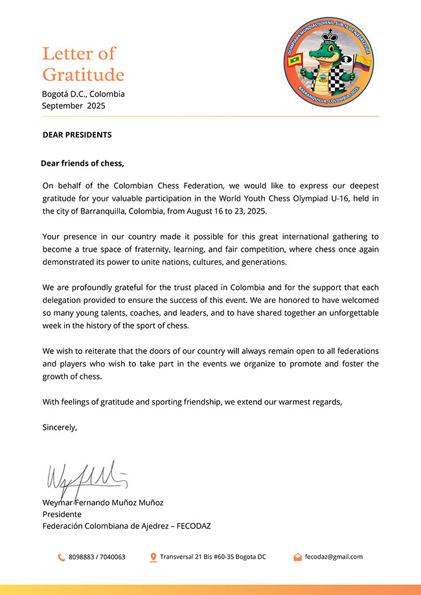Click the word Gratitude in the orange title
point(83,74)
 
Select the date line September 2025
point(73,106)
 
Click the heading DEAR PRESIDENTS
point(77,135)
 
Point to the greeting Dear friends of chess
point(82,163)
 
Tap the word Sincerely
point(60,427)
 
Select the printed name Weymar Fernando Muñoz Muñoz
point(103,502)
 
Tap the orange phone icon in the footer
point(62,557)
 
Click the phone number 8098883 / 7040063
point(97,557)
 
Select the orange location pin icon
point(154,557)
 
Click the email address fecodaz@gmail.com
point(334,557)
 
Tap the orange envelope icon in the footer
point(297,557)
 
